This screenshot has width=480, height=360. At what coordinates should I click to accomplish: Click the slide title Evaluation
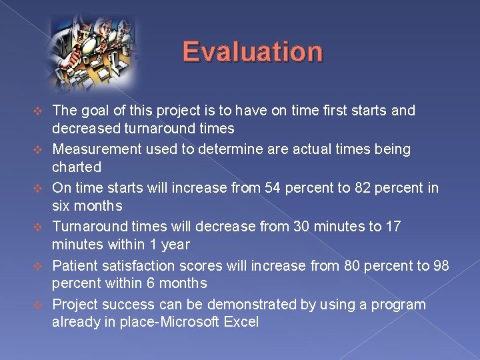coord(253,51)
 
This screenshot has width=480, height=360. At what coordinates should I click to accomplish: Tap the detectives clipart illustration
coord(93,50)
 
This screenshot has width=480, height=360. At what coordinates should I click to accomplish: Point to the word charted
coord(77,167)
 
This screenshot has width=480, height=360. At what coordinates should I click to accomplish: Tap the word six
coord(63,205)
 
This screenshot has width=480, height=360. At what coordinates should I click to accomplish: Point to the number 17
coord(393,227)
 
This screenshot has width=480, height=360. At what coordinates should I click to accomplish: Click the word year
coord(175,244)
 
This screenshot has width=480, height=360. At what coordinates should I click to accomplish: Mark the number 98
coord(441,265)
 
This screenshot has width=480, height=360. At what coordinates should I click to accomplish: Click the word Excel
coord(241,322)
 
